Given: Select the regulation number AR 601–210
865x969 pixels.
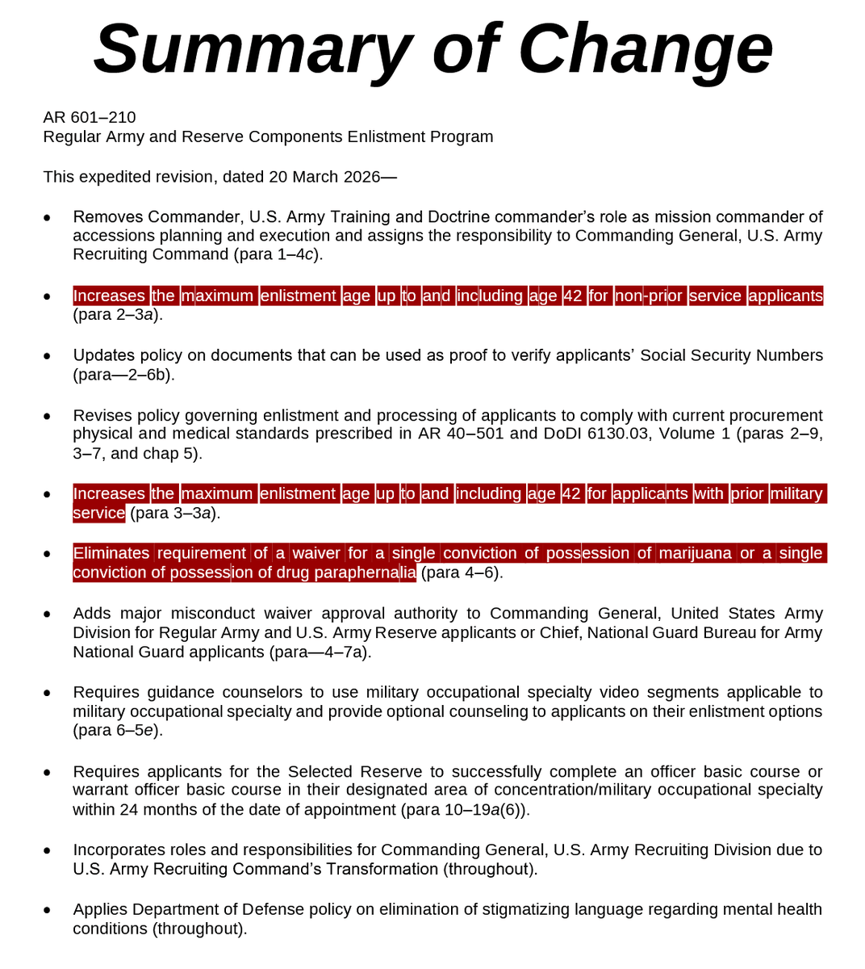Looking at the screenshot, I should point(90,117).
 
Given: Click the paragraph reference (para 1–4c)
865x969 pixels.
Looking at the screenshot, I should point(278,254).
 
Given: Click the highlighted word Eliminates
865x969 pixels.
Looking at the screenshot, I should point(111,553).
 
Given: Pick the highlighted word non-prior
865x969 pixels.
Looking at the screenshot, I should point(649,296).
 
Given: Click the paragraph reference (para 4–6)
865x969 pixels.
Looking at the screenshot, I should point(462,573).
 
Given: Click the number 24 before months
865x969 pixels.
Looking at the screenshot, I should point(129,809).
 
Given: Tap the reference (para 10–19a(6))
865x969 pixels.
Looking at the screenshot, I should point(465,809).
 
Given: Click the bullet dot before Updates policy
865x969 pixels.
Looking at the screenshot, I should point(48,356).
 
